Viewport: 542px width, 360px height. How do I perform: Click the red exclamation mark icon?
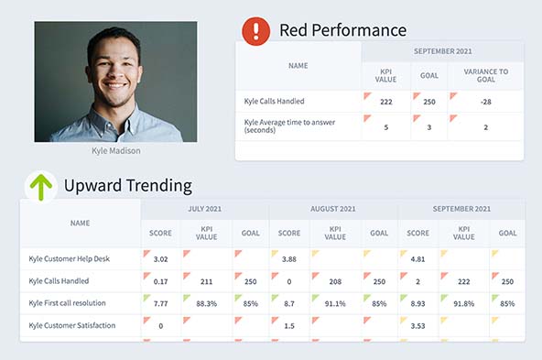click(256, 31)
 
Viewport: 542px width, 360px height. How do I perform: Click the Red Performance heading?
click(342, 30)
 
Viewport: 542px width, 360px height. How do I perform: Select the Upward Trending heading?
click(127, 186)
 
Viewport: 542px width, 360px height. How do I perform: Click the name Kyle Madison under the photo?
click(115, 150)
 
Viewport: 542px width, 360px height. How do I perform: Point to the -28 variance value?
click(486, 102)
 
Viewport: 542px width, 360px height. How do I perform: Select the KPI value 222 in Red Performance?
click(386, 102)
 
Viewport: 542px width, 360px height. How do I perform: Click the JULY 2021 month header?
click(205, 209)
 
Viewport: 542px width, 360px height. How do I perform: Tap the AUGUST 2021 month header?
click(334, 209)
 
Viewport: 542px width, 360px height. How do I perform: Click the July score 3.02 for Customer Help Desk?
click(159, 259)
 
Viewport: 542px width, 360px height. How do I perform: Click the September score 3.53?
click(417, 325)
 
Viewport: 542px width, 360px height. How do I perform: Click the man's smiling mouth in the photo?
click(114, 91)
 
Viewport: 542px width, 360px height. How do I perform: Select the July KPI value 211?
click(207, 281)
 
